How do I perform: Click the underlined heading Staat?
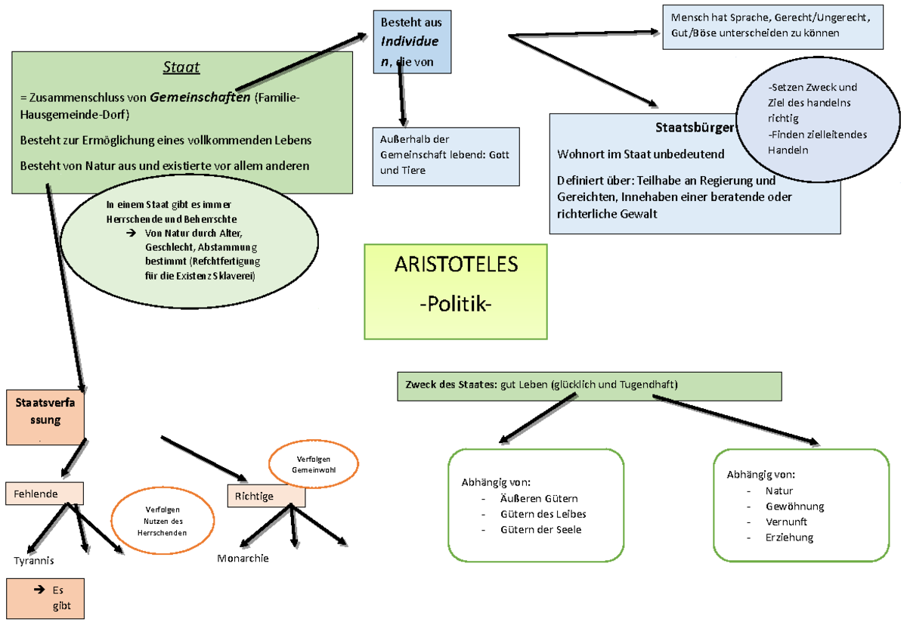coord(181,68)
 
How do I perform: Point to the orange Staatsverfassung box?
coord(45,417)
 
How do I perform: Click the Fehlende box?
coord(44,494)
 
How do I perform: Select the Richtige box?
coord(266,496)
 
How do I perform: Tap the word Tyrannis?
coord(34,561)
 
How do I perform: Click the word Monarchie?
coord(243,559)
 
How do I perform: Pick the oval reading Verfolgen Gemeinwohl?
coord(314,464)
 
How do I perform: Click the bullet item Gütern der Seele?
coord(540,530)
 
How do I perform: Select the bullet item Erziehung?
coord(789,537)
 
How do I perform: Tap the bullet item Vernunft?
coord(786,522)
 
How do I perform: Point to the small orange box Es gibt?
coord(45,599)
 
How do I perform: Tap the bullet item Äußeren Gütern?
coord(538,498)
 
